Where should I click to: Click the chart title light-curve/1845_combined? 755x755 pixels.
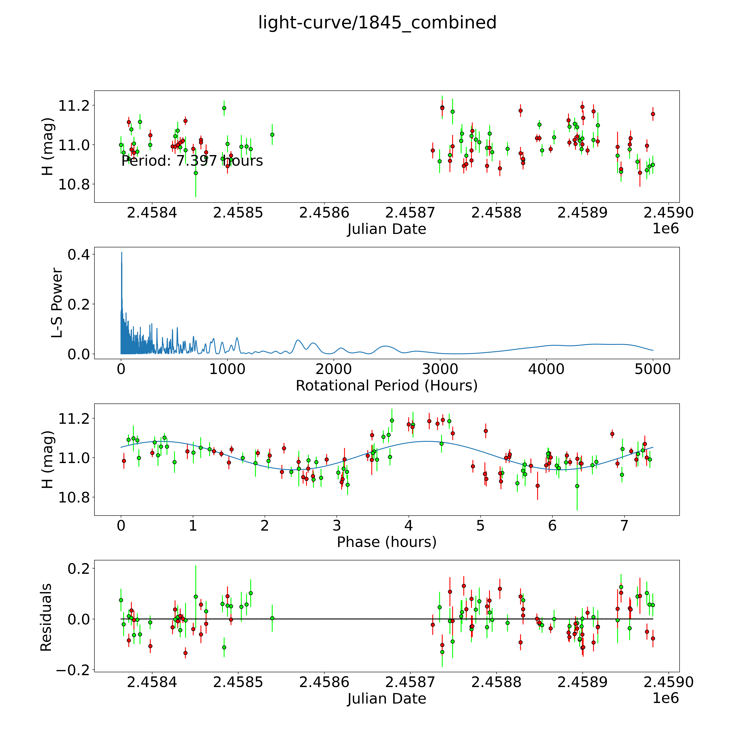[377, 23]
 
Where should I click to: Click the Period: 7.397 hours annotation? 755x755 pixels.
[192, 161]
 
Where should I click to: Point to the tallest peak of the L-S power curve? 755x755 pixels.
[121, 253]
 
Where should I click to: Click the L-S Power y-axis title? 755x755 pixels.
[57, 303]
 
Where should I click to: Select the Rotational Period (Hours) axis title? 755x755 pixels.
[386, 386]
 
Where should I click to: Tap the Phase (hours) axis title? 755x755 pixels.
[386, 542]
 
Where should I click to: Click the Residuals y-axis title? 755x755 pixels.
[46, 617]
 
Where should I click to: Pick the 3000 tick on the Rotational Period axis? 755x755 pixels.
[440, 369]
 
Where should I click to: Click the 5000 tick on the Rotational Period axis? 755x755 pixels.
[653, 369]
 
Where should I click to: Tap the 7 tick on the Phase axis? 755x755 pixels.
[624, 526]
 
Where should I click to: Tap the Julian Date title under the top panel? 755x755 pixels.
[386, 229]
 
